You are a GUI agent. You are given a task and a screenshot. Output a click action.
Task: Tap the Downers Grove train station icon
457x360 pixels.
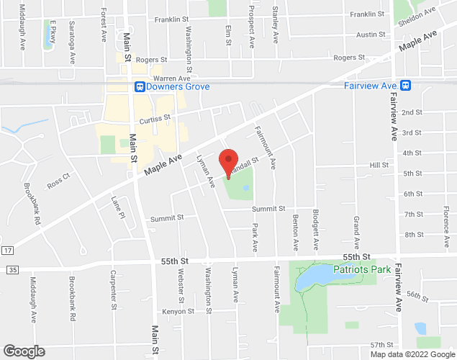(140, 86)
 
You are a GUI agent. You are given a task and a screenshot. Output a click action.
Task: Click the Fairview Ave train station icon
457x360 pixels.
(407, 86)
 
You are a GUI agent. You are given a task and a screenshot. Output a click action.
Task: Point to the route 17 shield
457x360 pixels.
(7, 250)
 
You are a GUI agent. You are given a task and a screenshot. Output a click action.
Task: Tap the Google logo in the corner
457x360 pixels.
(23, 351)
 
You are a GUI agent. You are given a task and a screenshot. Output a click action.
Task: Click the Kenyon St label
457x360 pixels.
(178, 312)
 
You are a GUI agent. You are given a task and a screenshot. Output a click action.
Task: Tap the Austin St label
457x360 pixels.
(371, 34)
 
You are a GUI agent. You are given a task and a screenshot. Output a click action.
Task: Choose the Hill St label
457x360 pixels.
(379, 165)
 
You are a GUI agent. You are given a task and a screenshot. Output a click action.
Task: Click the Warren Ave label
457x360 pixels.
(170, 78)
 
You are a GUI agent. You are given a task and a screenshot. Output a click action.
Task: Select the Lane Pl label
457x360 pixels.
(117, 207)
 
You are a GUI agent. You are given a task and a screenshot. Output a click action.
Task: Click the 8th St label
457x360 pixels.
(413, 235)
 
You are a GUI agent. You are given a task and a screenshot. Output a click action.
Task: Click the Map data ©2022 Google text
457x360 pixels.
(412, 354)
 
